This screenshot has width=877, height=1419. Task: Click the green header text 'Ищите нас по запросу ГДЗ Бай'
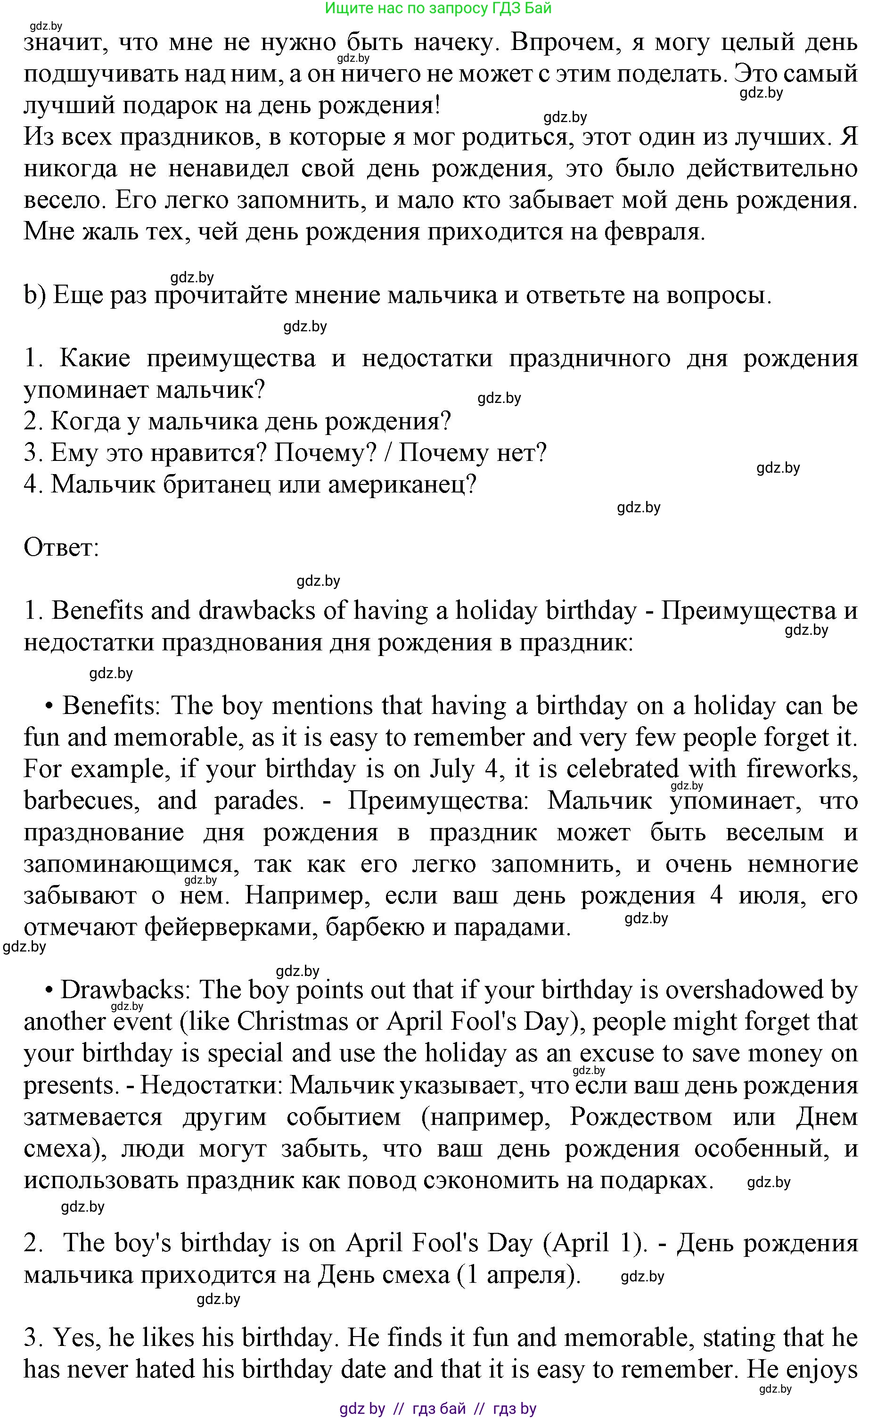tap(438, 8)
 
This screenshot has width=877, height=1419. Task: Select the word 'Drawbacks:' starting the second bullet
tap(125, 990)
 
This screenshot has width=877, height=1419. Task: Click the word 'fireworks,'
tap(802, 769)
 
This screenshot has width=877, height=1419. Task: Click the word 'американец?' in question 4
tap(402, 484)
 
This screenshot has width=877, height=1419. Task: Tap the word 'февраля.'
tap(655, 232)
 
